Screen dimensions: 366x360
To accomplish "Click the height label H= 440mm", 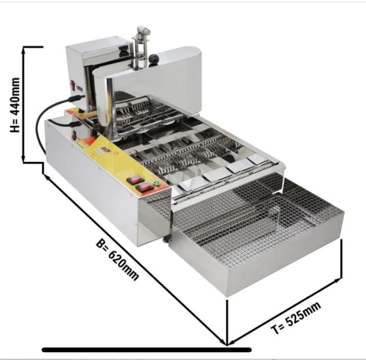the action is tap(15, 105).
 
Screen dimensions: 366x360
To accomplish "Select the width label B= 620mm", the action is tap(117, 259).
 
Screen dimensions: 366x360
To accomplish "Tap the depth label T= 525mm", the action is tap(296, 318).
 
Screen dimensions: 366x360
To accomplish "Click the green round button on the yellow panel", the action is tap(155, 183).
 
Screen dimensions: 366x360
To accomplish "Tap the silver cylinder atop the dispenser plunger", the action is tap(143, 30).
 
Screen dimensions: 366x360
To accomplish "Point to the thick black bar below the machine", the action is tap(147, 350).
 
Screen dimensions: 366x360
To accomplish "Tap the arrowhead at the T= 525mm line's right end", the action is tap(338, 280).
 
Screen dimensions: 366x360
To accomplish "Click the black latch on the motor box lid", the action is tap(124, 49).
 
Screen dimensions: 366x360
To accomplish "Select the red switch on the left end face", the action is tap(74, 135).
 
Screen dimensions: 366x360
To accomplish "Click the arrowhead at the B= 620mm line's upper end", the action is tap(47, 177).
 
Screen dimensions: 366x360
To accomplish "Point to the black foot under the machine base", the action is tap(167, 239).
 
